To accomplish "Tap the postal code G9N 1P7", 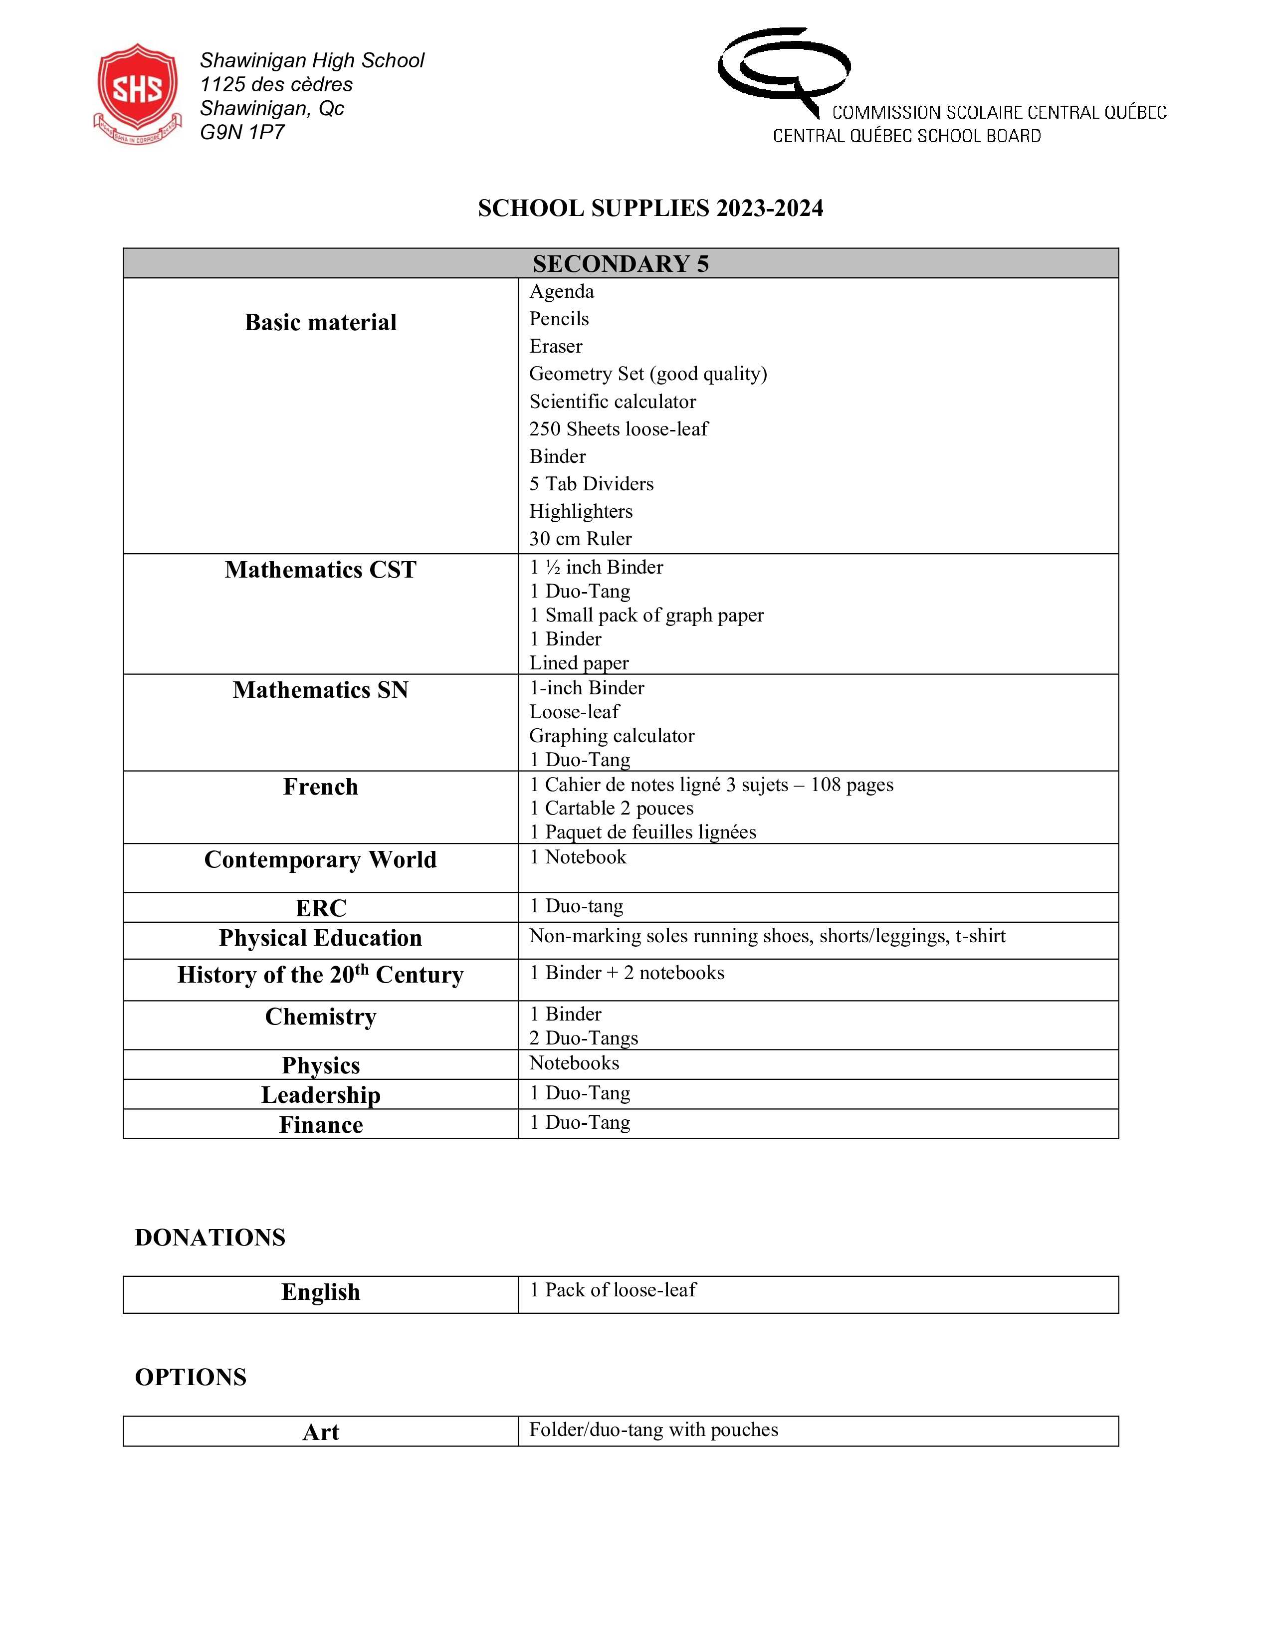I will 242,133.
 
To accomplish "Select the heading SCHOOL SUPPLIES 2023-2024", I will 650,208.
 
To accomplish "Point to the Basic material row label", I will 320,323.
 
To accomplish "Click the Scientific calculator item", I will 612,402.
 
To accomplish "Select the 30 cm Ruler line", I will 580,539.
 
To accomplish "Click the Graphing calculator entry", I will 611,736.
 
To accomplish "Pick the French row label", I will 320,787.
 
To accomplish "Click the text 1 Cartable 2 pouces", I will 611,808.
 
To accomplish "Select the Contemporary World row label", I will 320,860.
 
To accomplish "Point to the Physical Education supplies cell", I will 766,936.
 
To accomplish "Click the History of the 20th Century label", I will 320,975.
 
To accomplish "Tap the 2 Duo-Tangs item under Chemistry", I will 583,1038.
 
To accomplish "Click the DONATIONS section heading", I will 210,1237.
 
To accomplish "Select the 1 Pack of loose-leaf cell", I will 612,1290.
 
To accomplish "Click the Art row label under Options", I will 320,1432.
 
